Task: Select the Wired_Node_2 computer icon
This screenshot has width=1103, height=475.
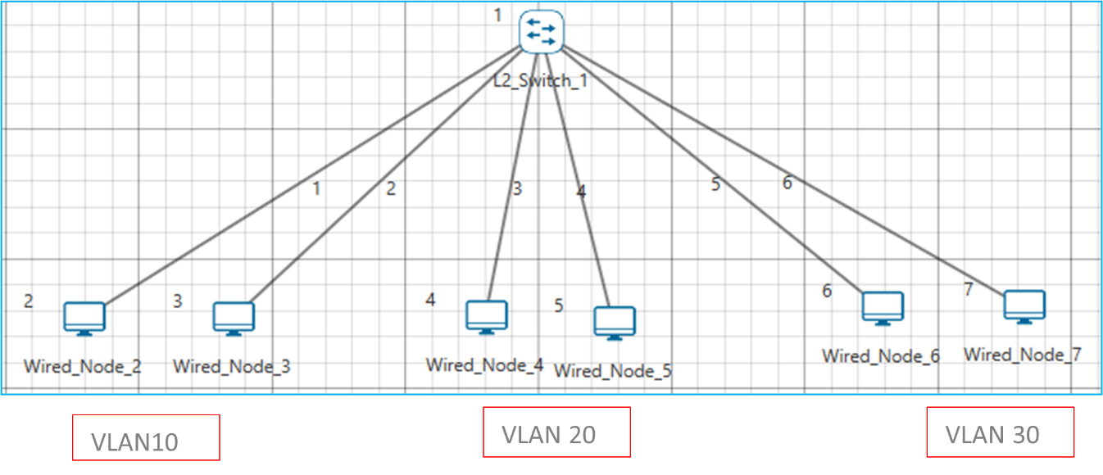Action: [84, 318]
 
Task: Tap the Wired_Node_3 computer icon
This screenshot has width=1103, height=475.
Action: [234, 318]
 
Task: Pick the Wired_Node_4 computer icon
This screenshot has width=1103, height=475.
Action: [487, 316]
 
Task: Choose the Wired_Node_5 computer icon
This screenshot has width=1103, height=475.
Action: [615, 323]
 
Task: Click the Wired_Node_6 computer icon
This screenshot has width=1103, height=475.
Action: [883, 308]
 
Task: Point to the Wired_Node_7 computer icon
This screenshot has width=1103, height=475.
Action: [1024, 306]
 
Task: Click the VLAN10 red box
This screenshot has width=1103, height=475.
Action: [146, 437]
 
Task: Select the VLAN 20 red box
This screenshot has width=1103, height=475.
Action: [556, 432]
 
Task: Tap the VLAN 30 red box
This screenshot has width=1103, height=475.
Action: [1000, 432]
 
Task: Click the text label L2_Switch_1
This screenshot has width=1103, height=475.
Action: [541, 81]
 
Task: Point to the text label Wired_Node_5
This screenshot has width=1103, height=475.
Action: [613, 371]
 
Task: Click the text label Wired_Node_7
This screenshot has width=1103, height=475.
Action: [1022, 355]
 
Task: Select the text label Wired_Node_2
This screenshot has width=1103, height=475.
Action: [82, 366]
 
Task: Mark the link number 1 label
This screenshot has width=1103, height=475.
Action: [316, 189]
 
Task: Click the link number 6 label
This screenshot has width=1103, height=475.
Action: [787, 183]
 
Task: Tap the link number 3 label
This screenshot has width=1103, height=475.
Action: [517, 189]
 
